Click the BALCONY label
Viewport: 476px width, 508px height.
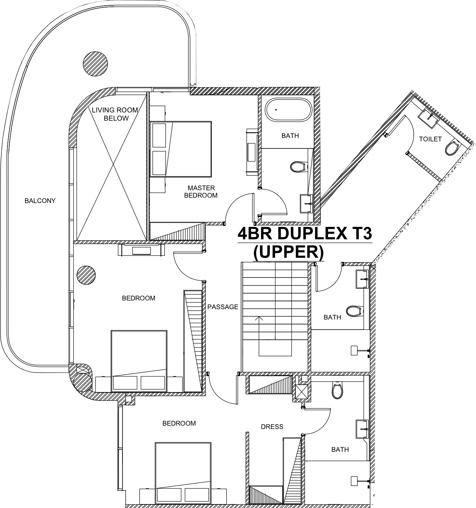point(40,201)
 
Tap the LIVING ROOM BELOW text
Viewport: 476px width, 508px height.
point(115,114)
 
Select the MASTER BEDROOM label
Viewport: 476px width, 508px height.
point(201,192)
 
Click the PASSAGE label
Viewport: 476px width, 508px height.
point(223,307)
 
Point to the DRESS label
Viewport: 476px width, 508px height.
point(272,427)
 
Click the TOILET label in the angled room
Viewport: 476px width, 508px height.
point(430,139)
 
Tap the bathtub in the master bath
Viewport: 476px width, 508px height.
point(288,110)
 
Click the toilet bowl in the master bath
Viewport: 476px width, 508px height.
point(299,167)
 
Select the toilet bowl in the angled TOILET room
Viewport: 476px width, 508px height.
point(451,148)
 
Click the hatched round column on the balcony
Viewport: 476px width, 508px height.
point(95,64)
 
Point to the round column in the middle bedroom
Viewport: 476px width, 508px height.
point(86,275)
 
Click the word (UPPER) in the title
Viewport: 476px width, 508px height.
point(288,252)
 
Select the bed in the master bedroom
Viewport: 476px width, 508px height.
point(181,149)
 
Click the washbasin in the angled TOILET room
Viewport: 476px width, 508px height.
point(428,118)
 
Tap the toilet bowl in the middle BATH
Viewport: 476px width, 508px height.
point(355,311)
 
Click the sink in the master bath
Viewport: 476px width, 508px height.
point(306,203)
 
